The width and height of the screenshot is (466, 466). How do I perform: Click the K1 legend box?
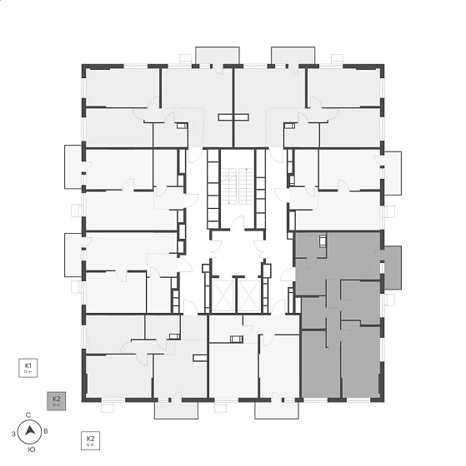point(28,368)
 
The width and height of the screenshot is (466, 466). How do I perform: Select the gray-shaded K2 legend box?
point(57,401)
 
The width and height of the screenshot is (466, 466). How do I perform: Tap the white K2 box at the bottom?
point(91,440)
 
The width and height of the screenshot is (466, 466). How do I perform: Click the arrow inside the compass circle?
point(31,431)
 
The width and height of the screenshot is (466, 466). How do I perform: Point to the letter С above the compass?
point(29,414)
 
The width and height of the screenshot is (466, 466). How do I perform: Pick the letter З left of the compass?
point(13,434)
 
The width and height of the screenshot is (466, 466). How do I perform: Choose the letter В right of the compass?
point(46,432)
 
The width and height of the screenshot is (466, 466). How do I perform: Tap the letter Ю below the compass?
point(31,449)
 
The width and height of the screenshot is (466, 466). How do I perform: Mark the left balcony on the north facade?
point(217,55)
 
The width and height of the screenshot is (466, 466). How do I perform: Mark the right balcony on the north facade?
point(293,55)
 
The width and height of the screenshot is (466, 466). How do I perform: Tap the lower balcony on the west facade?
point(73,253)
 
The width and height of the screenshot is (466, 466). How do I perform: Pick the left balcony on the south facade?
point(175,410)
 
